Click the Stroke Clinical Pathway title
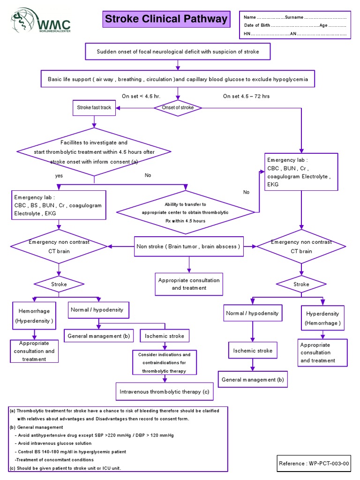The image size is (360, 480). (x=166, y=20)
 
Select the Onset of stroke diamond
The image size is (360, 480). (x=178, y=108)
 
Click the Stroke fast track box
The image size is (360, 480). (x=94, y=108)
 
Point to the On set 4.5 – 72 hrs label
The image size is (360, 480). (x=246, y=96)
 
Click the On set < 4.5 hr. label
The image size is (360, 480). (x=141, y=96)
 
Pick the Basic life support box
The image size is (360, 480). (x=178, y=79)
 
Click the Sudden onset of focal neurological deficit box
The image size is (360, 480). (x=178, y=52)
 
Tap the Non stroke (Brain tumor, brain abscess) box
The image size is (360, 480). (x=188, y=247)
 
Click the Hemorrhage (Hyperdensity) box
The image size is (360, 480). (x=34, y=315)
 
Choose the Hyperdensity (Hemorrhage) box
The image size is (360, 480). (x=322, y=318)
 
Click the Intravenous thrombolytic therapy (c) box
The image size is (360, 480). (x=165, y=391)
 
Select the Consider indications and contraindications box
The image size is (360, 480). (x=164, y=363)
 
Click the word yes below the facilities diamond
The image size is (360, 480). (x=59, y=175)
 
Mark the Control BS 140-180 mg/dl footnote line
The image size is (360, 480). (x=70, y=452)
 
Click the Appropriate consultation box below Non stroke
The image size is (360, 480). (x=188, y=284)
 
